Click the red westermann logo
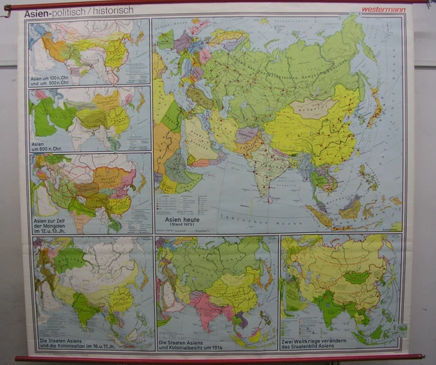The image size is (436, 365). [x=384, y=10]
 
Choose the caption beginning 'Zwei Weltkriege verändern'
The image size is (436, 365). [x=317, y=343]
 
